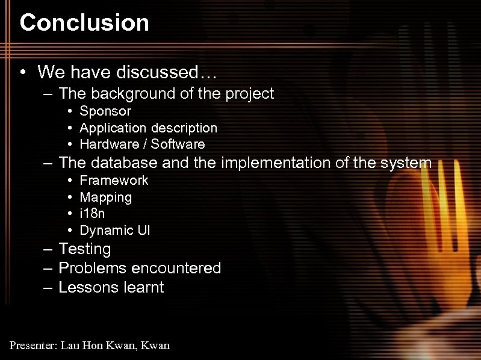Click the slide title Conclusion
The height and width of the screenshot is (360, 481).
[84, 23]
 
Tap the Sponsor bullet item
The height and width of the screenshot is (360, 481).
[105, 111]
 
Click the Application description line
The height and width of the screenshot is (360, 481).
[148, 128]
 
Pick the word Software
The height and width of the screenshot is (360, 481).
[178, 144]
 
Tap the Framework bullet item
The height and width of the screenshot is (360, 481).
[114, 181]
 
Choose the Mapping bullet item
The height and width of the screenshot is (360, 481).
[105, 197]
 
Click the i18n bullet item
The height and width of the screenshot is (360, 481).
[93, 214]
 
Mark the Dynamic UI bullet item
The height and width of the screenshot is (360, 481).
[115, 231]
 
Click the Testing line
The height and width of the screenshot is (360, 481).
[84, 249]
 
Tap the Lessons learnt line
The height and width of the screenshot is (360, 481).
[111, 287]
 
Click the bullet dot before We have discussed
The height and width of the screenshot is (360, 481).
[22, 73]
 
